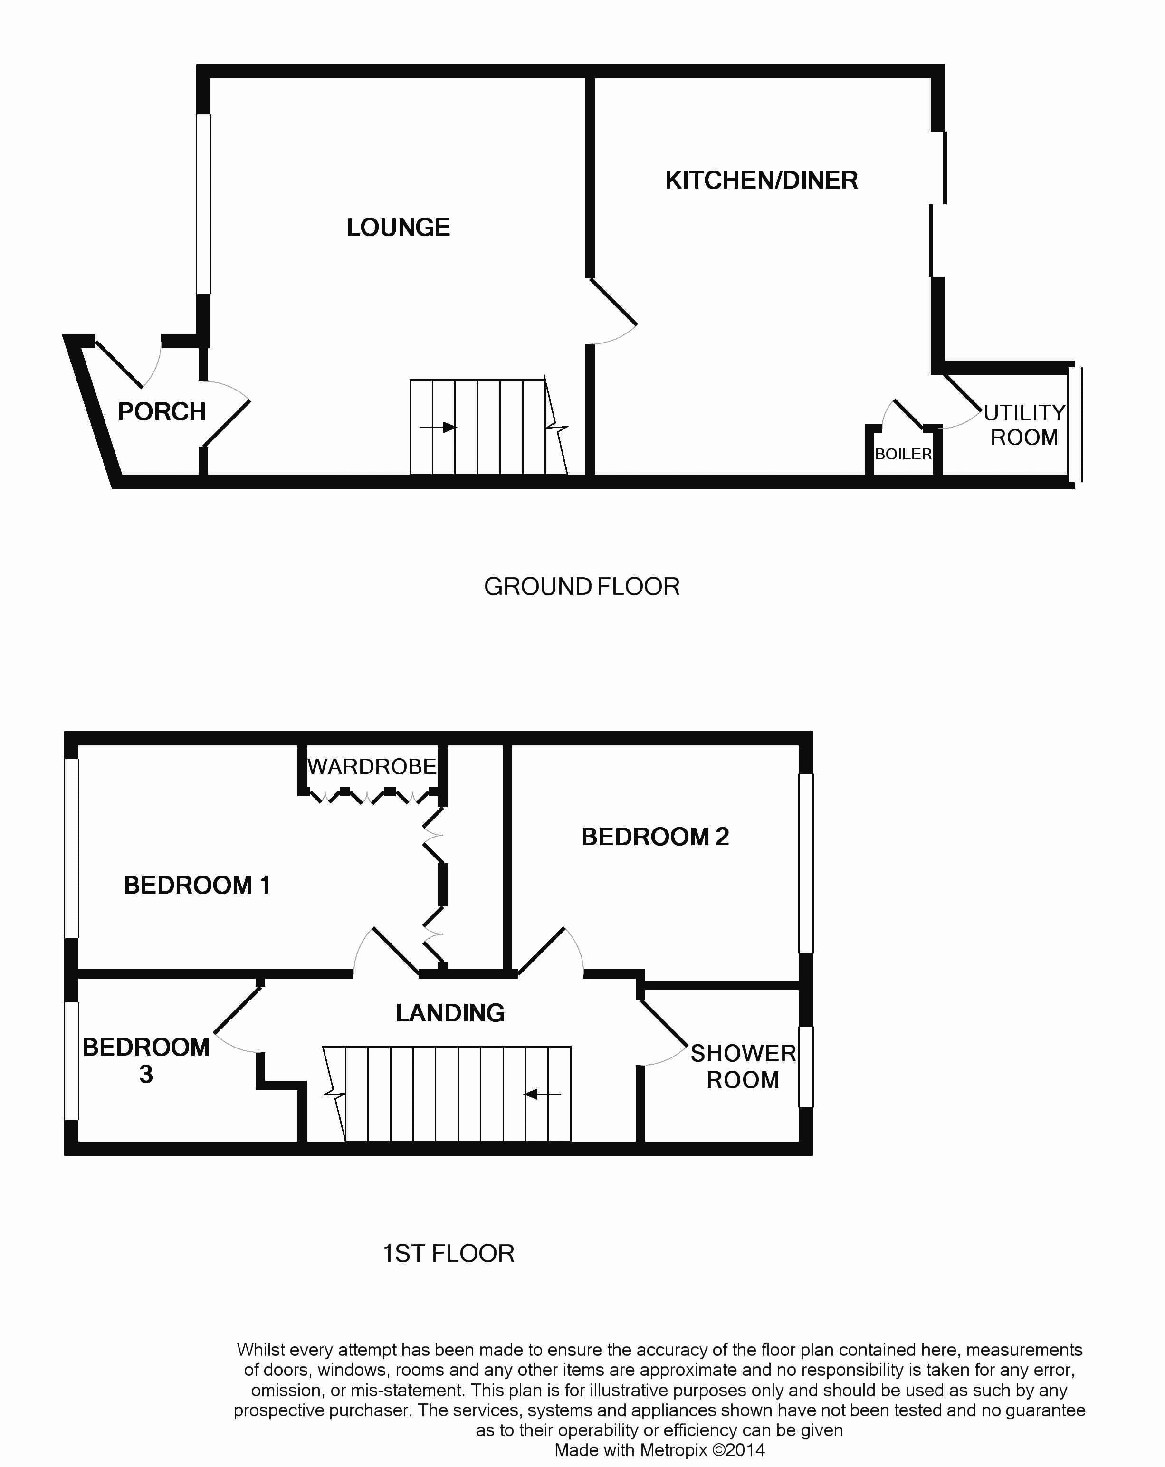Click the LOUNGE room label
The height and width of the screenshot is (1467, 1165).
pyautogui.click(x=398, y=227)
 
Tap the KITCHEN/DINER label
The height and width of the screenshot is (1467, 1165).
pyautogui.click(x=761, y=181)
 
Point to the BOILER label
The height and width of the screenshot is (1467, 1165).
pyautogui.click(x=903, y=454)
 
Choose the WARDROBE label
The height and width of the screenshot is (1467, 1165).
pyautogui.click(x=372, y=767)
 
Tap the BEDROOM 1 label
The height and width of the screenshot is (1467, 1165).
pyautogui.click(x=197, y=885)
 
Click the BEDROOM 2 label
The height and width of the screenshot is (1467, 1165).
pyautogui.click(x=655, y=837)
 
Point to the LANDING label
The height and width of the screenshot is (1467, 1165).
pyautogui.click(x=450, y=1013)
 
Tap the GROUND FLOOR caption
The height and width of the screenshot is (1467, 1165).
pyautogui.click(x=582, y=587)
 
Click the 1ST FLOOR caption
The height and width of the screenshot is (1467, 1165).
pyautogui.click(x=449, y=1253)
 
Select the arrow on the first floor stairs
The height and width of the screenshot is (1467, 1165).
pyautogui.click(x=542, y=1094)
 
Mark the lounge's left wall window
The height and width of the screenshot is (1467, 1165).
pyautogui.click(x=203, y=204)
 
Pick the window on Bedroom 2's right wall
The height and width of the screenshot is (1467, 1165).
pyautogui.click(x=806, y=863)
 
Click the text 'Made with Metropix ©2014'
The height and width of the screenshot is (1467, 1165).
pyautogui.click(x=659, y=1450)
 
